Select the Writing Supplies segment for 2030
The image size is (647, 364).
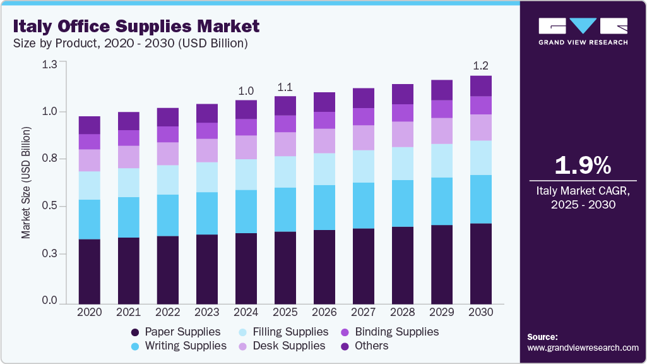click(481, 199)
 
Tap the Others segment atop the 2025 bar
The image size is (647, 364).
click(285, 106)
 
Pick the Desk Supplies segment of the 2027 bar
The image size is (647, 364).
click(364, 137)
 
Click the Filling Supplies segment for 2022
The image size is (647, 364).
click(168, 179)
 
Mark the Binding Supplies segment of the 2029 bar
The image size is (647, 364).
click(442, 109)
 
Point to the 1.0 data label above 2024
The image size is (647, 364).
click(246, 91)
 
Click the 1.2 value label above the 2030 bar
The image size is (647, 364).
click(481, 66)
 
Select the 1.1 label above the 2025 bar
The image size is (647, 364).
click(285, 87)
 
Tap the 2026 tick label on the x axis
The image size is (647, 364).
click(324, 312)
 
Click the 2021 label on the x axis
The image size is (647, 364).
click(129, 312)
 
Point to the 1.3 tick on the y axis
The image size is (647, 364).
click(49, 64)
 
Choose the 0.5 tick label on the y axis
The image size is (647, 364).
click(49, 206)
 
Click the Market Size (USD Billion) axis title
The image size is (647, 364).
click(26, 183)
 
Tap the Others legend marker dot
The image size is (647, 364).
click(345, 346)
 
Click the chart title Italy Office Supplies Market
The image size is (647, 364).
click(137, 27)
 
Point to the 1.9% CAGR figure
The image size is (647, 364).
click(583, 166)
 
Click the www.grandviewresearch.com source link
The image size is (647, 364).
click(583, 348)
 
